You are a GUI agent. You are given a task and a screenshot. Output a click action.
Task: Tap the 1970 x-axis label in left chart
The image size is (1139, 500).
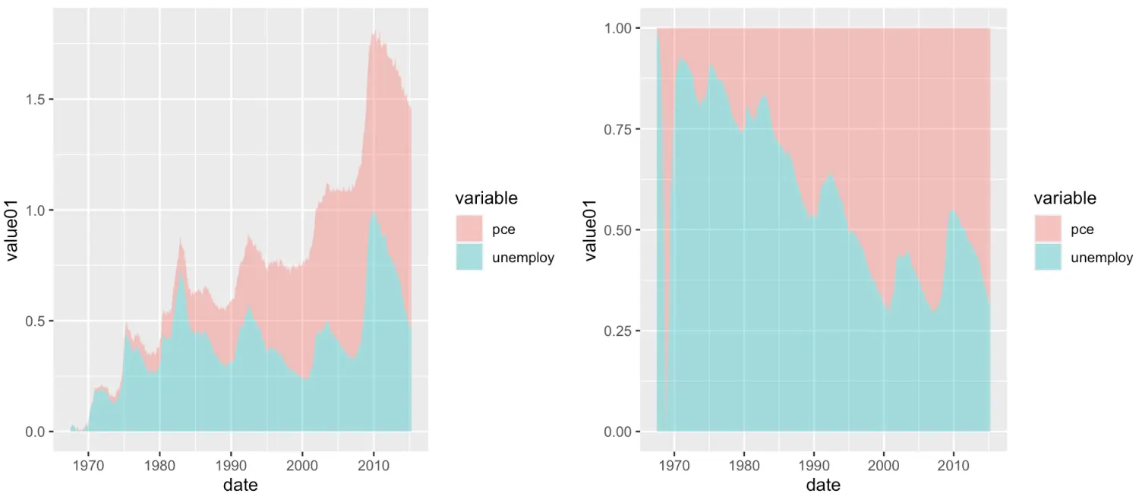(89, 463)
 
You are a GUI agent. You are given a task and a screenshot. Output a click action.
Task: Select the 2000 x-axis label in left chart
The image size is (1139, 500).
(302, 463)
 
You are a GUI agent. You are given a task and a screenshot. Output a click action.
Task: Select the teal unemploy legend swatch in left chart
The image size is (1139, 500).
(469, 257)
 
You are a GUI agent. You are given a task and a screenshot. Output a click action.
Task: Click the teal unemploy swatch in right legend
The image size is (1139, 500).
(1048, 257)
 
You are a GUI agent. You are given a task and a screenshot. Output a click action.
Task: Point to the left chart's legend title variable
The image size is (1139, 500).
(486, 199)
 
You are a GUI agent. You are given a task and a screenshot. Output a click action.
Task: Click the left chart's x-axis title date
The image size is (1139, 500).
(240, 485)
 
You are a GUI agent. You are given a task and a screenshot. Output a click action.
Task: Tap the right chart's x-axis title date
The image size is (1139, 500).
(823, 485)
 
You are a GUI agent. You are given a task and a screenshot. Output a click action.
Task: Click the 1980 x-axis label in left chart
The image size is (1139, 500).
(159, 463)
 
